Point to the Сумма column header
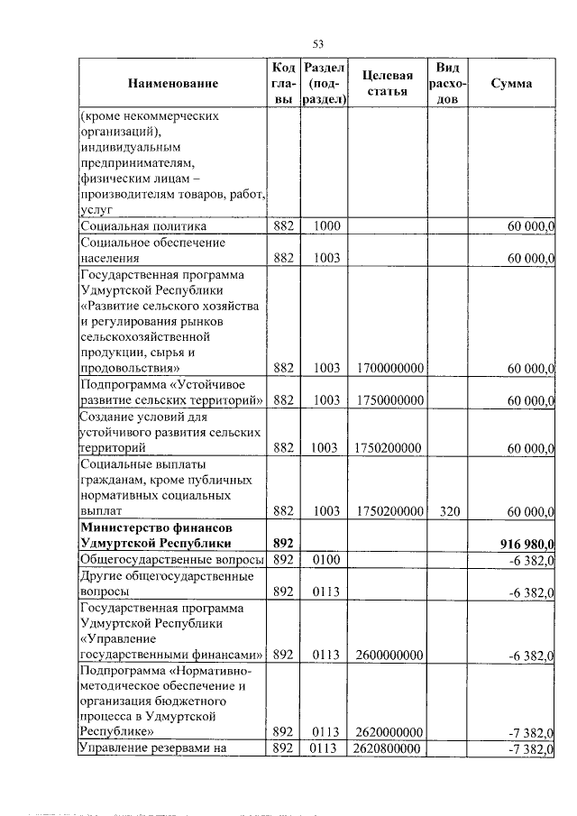[511, 84]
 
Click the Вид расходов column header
[448, 84]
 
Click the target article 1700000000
[389, 368]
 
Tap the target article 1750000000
[389, 400]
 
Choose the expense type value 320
[450, 511]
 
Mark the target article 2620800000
[389, 748]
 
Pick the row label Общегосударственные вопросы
[171, 559]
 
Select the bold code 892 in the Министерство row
[284, 543]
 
